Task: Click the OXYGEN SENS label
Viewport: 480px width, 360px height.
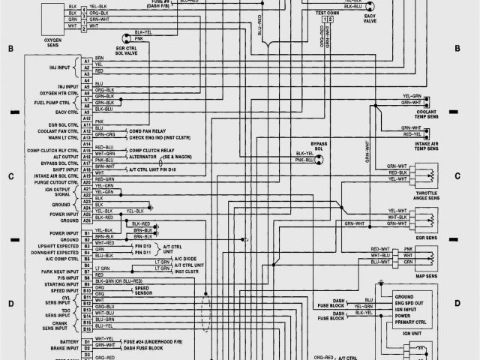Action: click(52, 46)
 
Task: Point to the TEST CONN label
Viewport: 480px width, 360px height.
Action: click(327, 13)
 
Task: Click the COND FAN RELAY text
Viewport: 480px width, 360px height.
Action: click(152, 130)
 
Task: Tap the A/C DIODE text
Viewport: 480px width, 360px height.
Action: click(184, 257)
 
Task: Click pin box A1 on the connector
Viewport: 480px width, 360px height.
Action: click(86, 60)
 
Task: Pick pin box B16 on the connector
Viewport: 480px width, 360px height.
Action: click(86, 327)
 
